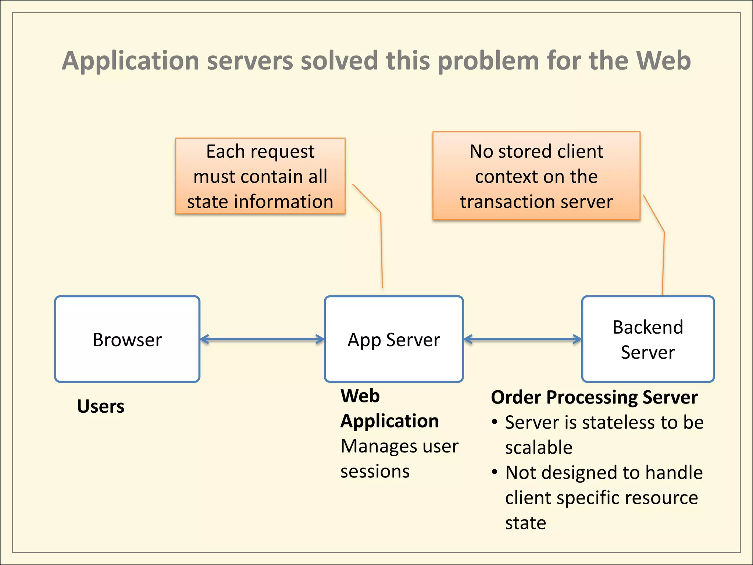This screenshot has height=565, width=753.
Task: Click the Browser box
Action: [127, 339]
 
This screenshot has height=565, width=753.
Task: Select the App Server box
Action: [393, 339]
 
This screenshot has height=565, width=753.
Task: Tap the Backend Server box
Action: [647, 339]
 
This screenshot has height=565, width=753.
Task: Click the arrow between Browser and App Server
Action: [262, 339]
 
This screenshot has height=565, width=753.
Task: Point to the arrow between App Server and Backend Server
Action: [522, 339]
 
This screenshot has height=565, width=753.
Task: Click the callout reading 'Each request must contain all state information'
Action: [260, 176]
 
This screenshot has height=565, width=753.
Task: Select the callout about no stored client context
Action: [536, 176]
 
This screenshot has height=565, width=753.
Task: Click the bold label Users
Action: [100, 406]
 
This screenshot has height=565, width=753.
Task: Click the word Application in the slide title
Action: [131, 61]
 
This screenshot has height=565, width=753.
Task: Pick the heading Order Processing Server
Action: [594, 397]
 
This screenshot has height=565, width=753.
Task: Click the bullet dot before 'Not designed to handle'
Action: [495, 472]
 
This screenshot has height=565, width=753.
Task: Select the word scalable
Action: [539, 448]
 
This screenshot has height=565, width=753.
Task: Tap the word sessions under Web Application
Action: [375, 472]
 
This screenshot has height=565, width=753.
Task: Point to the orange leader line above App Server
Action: [381, 250]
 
